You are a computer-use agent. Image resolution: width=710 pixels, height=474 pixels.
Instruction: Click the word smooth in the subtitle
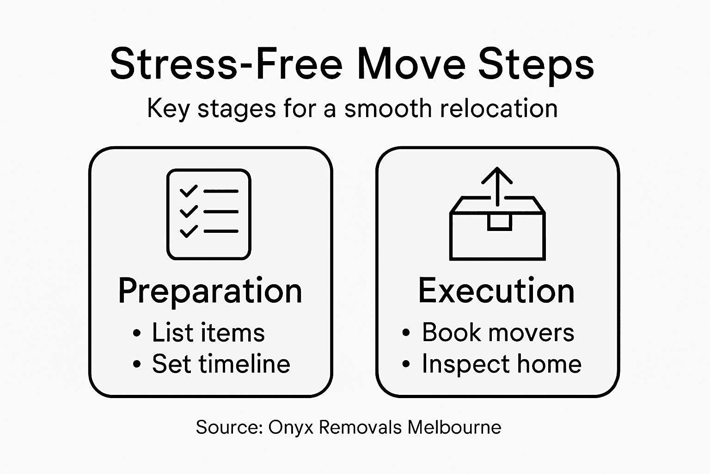point(388,109)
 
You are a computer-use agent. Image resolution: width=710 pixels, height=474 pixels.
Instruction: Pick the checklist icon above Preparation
point(208,214)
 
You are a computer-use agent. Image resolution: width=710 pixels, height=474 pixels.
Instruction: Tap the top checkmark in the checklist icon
point(188,191)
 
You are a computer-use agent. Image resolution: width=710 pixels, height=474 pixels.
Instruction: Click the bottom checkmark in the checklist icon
point(188,231)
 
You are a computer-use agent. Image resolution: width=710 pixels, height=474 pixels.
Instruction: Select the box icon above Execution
point(497,227)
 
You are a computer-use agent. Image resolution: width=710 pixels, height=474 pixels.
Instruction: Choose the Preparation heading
point(210,291)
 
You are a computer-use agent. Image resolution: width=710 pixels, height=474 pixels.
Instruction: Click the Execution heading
point(496,291)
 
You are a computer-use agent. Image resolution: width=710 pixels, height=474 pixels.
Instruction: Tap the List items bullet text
point(208,333)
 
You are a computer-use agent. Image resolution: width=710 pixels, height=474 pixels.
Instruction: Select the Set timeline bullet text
point(221,364)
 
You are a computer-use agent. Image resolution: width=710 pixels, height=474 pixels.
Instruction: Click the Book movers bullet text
point(498,332)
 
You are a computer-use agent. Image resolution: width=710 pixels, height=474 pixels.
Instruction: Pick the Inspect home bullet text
point(502,364)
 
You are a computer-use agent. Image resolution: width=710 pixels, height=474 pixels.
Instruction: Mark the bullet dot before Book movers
point(406,333)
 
